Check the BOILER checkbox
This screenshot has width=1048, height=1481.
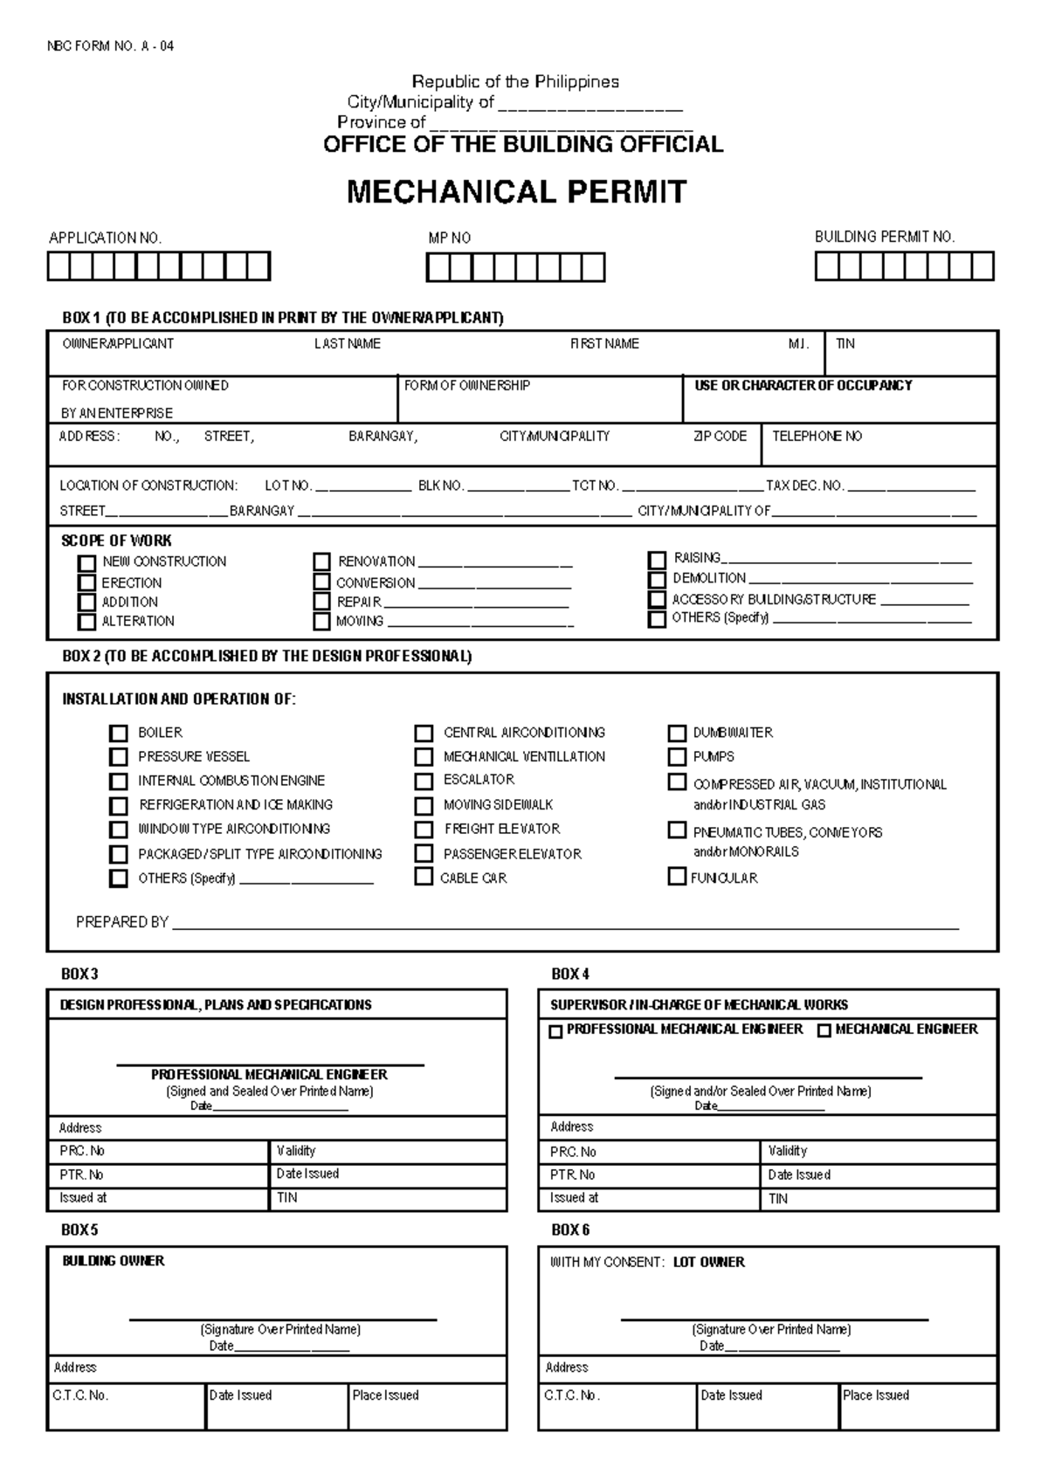click(118, 734)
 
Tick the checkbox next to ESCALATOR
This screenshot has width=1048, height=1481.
click(424, 781)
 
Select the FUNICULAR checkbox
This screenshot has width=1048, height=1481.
click(677, 876)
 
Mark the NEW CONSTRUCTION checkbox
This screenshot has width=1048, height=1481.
click(86, 563)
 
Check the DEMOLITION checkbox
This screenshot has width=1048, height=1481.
click(657, 580)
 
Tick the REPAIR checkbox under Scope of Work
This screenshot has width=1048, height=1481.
click(322, 602)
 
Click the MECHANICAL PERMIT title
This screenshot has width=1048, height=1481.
click(516, 192)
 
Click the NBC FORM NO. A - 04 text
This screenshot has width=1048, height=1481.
click(110, 46)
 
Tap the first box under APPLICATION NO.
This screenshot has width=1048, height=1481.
click(59, 266)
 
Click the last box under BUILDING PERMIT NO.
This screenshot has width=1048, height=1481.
click(982, 266)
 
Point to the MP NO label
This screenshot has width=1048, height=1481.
click(449, 238)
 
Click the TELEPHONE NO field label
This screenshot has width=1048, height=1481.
click(817, 436)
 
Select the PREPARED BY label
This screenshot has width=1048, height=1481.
click(121, 922)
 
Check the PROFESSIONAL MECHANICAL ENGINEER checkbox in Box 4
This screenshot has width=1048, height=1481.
click(555, 1031)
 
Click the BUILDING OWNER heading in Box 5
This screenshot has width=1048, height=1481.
click(113, 1261)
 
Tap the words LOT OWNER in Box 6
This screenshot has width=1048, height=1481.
click(708, 1263)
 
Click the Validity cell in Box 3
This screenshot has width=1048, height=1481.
click(296, 1151)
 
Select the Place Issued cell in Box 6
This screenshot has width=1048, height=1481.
click(875, 1395)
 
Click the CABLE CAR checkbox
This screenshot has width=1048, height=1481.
click(424, 877)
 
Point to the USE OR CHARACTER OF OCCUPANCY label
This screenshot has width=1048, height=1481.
click(803, 385)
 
